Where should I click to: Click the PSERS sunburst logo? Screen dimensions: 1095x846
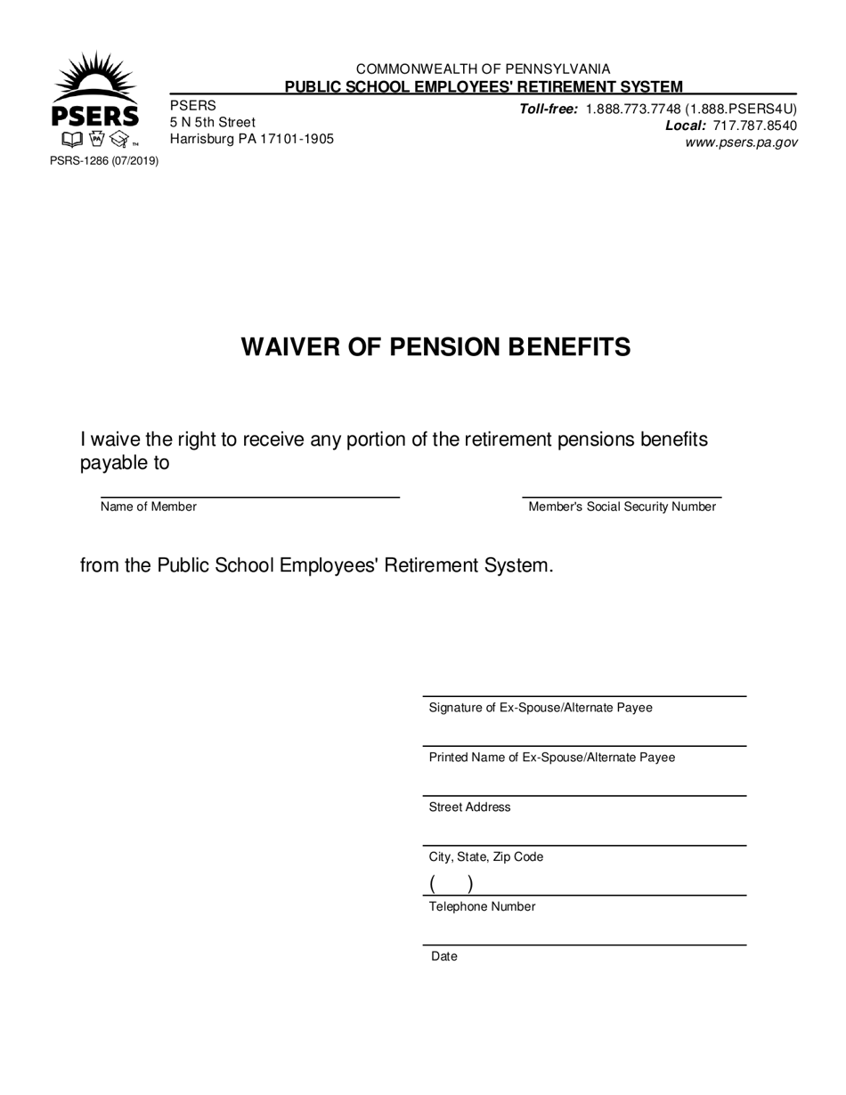tap(95, 100)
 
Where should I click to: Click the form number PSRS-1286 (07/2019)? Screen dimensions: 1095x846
tap(104, 161)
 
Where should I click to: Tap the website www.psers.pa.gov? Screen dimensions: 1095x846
tap(741, 142)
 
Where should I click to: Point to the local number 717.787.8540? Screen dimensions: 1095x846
tap(755, 126)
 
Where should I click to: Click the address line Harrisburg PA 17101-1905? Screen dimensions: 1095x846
tap(252, 139)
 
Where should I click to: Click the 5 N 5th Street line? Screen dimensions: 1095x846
tap(213, 122)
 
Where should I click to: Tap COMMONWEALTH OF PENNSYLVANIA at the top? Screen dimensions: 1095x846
tap(484, 69)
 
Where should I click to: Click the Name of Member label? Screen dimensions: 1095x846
tap(149, 507)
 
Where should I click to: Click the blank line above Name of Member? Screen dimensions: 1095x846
tap(249, 492)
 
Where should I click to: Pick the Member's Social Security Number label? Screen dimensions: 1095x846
tap(622, 507)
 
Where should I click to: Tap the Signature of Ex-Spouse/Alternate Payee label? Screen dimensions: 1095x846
tap(541, 708)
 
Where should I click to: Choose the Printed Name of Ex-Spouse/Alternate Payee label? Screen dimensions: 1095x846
tap(552, 758)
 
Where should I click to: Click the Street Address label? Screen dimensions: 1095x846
tap(470, 807)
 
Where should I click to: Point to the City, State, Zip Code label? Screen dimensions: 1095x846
tap(486, 857)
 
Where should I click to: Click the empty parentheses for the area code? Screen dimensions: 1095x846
tap(451, 884)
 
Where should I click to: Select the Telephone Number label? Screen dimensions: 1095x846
tap(483, 907)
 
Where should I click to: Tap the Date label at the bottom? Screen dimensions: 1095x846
tap(444, 957)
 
